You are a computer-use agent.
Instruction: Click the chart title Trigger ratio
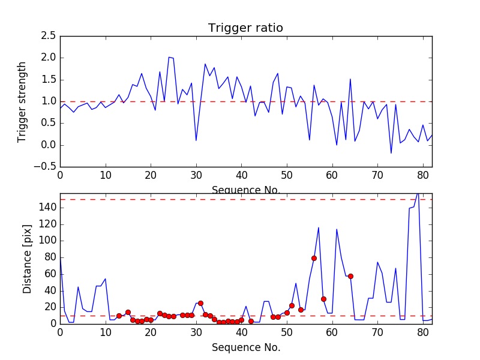click(245, 28)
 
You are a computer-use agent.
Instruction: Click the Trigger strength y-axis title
click(22, 101)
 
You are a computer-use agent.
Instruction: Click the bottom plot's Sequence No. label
click(245, 347)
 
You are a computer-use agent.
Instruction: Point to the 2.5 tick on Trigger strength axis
click(49, 36)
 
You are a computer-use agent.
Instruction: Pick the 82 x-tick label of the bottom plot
click(432, 331)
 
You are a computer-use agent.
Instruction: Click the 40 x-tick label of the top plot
click(241, 175)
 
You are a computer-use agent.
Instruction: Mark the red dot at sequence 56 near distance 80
click(314, 258)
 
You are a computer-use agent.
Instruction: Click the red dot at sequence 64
click(350, 276)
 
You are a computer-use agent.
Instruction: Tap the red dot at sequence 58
click(323, 299)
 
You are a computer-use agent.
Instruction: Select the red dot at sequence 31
click(200, 303)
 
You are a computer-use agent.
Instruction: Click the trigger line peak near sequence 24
click(169, 58)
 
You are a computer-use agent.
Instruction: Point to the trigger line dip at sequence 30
click(196, 140)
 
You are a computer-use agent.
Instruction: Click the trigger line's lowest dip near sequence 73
click(391, 153)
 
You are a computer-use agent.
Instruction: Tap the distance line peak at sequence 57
click(319, 227)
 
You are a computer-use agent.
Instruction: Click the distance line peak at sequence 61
click(337, 229)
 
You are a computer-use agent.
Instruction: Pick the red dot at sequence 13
click(119, 316)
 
